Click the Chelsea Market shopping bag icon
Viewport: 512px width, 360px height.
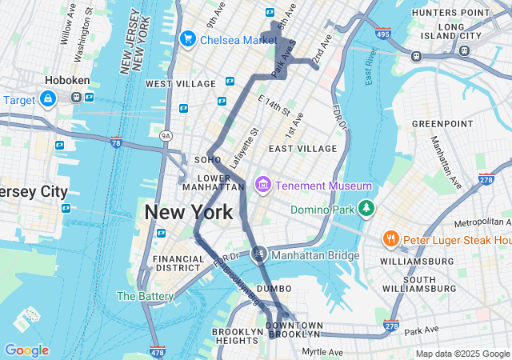[x=189, y=38]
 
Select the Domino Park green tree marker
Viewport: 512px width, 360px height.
[x=366, y=208]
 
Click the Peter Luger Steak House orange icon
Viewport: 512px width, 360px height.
[x=390, y=238]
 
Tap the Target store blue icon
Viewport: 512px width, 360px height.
[x=48, y=98]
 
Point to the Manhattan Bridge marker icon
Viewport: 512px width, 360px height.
[x=258, y=255]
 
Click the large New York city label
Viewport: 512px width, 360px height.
[x=189, y=213]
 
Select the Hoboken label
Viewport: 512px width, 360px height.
[x=67, y=81]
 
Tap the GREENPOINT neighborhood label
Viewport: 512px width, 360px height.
[x=442, y=124]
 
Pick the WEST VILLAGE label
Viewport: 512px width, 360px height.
[x=180, y=84]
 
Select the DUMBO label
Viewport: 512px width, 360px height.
[x=275, y=290]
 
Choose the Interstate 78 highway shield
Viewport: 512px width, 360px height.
[x=116, y=143]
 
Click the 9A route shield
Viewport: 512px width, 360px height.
[x=166, y=136]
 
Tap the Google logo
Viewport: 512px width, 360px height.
[x=26, y=350]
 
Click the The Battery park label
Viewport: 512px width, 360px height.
[x=145, y=296]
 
